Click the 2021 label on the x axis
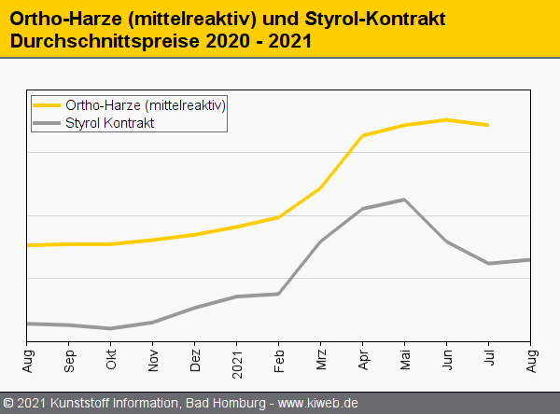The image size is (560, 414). [x=237, y=359]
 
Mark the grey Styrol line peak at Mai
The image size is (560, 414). [x=404, y=200]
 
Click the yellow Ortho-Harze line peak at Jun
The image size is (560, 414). [x=447, y=120]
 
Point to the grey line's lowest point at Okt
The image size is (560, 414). [x=111, y=328]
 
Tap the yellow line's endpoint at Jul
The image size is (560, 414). [x=488, y=125]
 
